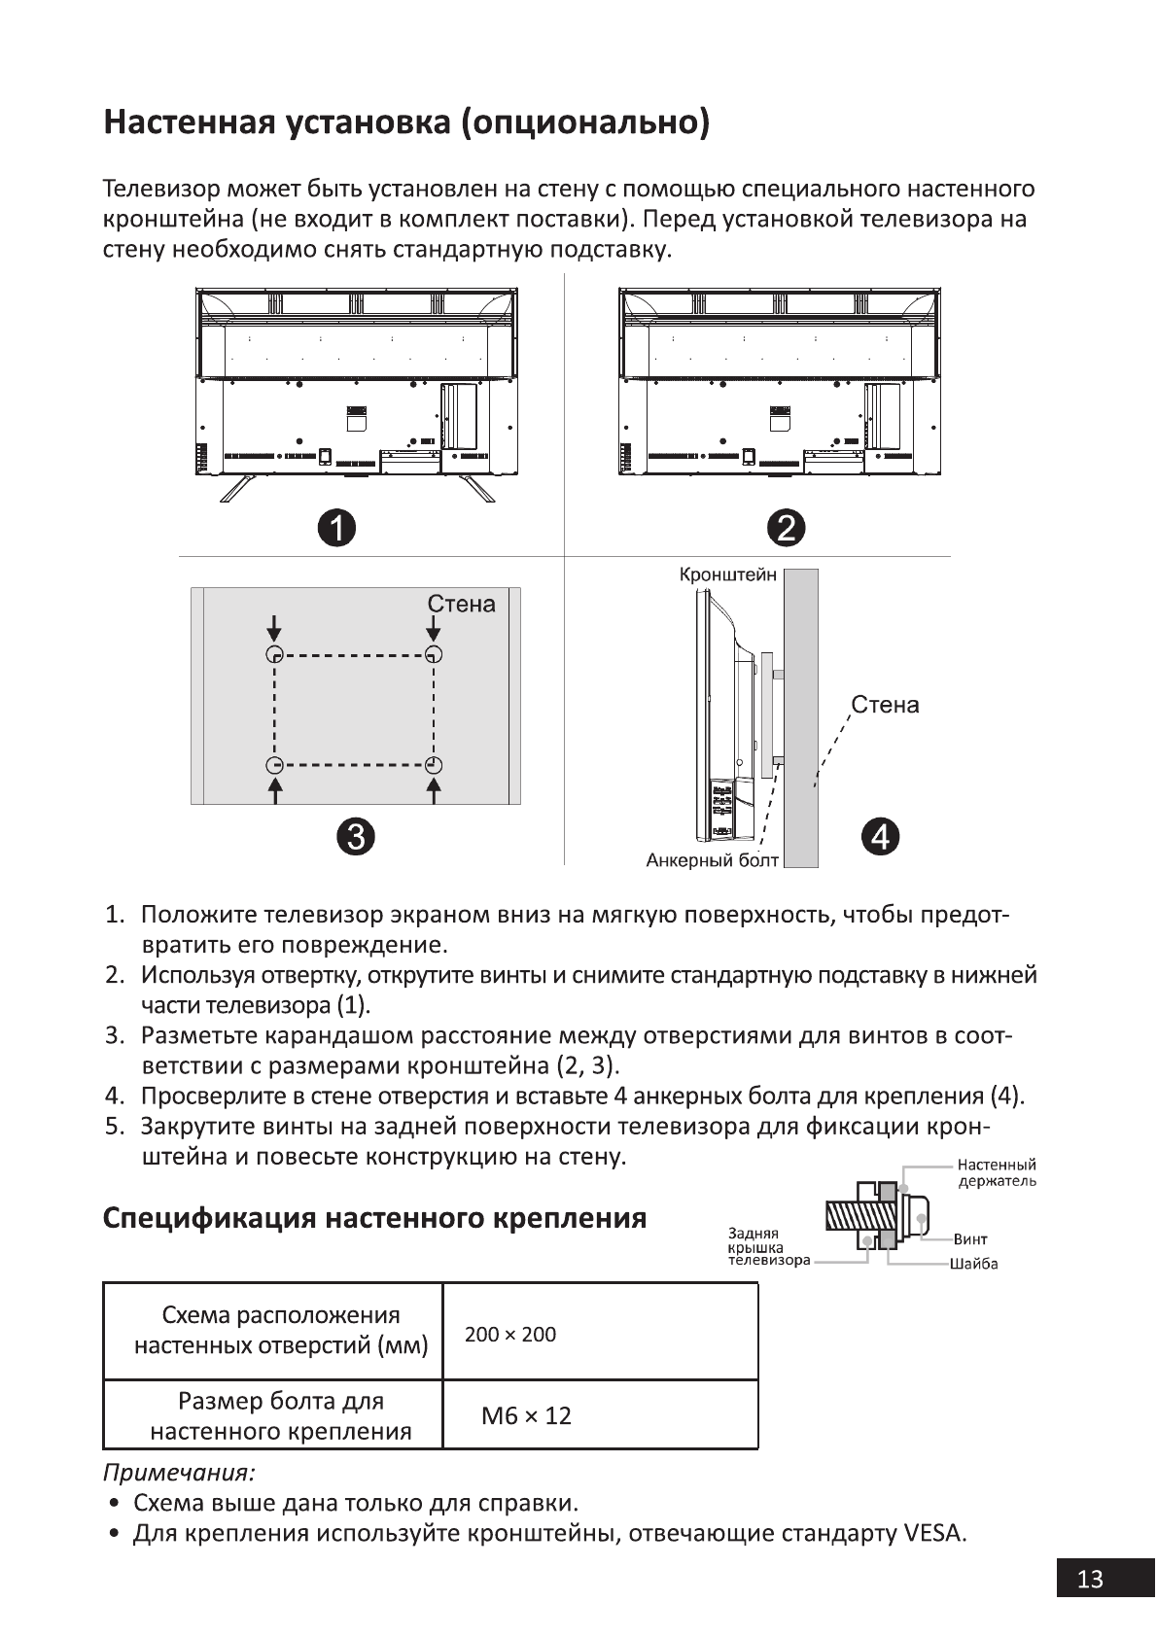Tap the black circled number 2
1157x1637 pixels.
pyautogui.click(x=786, y=528)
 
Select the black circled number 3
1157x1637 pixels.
pyautogui.click(x=356, y=836)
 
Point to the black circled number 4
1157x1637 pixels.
pyautogui.click(x=880, y=836)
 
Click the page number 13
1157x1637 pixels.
pyautogui.click(x=1090, y=1579)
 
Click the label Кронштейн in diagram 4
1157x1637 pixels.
pyautogui.click(x=727, y=575)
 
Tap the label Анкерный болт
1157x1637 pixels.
pyautogui.click(x=712, y=860)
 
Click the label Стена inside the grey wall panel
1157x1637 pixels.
pyautogui.click(x=461, y=604)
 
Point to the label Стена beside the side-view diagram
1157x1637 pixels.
pyautogui.click(x=885, y=704)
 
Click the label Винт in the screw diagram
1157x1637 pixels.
pyautogui.click(x=970, y=1239)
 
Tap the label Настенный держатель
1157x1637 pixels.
pyautogui.click(x=996, y=1173)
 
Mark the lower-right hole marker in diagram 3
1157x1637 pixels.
pyautogui.click(x=434, y=765)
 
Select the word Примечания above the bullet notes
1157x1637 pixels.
pyautogui.click(x=179, y=1472)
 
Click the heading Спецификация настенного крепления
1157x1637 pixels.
pyautogui.click(x=374, y=1217)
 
